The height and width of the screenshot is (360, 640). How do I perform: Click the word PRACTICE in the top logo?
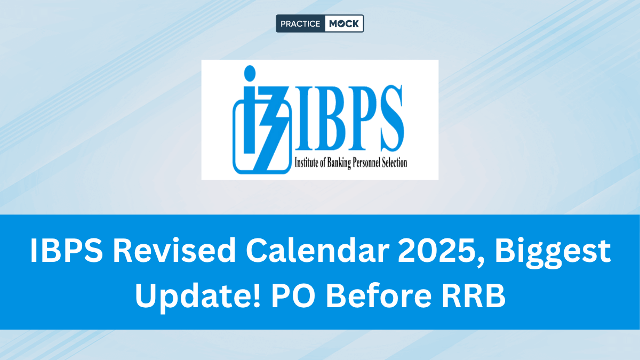tap(300, 23)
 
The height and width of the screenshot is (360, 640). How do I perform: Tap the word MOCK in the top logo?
tap(343, 23)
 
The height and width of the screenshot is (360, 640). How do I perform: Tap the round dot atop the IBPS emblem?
tap(250, 73)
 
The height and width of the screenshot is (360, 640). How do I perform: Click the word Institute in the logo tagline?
tap(306, 163)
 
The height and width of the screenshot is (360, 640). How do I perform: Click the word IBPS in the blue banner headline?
tap(66, 250)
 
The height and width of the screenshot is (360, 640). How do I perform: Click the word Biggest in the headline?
tap(553, 253)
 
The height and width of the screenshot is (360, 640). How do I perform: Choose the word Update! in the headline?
tap(198, 297)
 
